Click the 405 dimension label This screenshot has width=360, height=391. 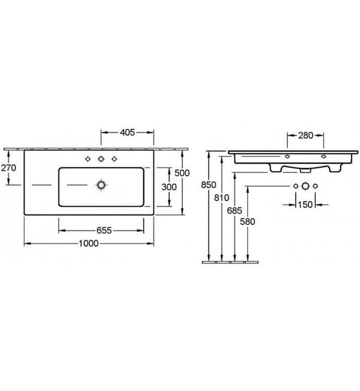click(x=127, y=133)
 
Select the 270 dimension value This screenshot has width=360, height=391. click(x=9, y=167)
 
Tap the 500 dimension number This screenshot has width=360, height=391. click(x=182, y=173)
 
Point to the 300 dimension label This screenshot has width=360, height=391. click(x=169, y=187)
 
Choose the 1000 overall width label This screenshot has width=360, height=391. click(x=89, y=243)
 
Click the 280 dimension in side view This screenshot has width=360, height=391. click(x=305, y=135)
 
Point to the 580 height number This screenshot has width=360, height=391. click(x=247, y=221)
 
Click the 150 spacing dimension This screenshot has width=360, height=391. click(x=305, y=204)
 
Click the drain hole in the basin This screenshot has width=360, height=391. click(x=101, y=184)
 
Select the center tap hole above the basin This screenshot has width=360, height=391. click(x=101, y=160)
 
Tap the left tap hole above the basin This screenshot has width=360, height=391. click(x=88, y=160)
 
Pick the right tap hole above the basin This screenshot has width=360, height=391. click(x=115, y=160)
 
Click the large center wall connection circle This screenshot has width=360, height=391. click(x=305, y=185)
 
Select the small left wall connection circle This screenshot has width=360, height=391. click(x=294, y=185)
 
